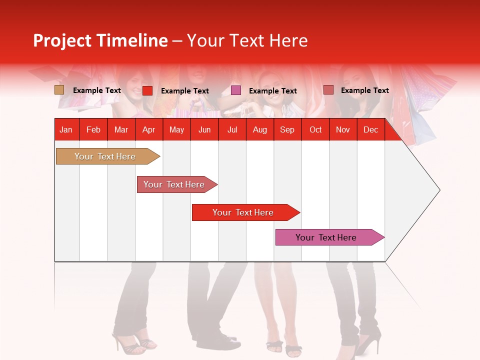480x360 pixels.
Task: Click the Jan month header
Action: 66,130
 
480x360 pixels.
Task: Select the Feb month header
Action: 93,130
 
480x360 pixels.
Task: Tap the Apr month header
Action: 148,130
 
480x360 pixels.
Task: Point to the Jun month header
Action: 204,130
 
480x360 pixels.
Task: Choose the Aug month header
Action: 259,130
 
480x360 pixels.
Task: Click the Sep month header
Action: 287,130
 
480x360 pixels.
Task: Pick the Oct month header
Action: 315,130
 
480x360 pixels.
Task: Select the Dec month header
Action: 370,130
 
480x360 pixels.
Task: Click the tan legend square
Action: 59,90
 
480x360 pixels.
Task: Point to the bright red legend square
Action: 147,90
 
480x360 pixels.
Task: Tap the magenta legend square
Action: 236,90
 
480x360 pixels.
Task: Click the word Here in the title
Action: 288,40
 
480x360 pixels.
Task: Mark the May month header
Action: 176,130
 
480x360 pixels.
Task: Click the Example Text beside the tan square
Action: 97,90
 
